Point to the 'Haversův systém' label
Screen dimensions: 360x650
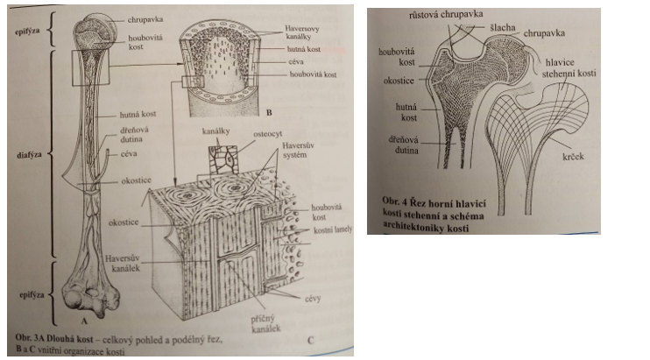point(320,152)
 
